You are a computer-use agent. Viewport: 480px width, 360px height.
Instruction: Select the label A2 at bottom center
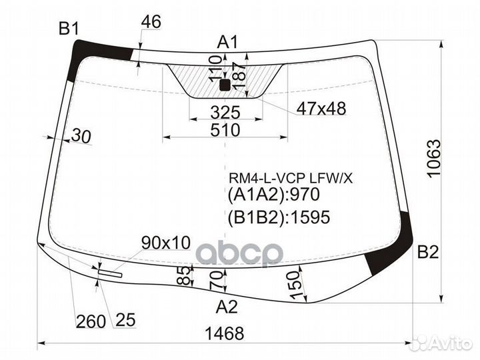click(227, 307)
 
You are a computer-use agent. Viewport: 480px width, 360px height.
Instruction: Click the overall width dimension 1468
click(225, 333)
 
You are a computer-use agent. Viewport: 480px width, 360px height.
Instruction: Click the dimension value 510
click(225, 130)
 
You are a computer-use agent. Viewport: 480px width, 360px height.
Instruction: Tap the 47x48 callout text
click(321, 109)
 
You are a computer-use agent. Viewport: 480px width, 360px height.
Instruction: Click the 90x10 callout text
click(165, 242)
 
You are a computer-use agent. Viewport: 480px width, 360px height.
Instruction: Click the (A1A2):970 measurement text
click(275, 195)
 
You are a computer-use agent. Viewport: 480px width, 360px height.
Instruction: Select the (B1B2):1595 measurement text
click(279, 217)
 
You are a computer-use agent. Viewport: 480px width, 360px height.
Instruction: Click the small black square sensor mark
click(224, 85)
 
